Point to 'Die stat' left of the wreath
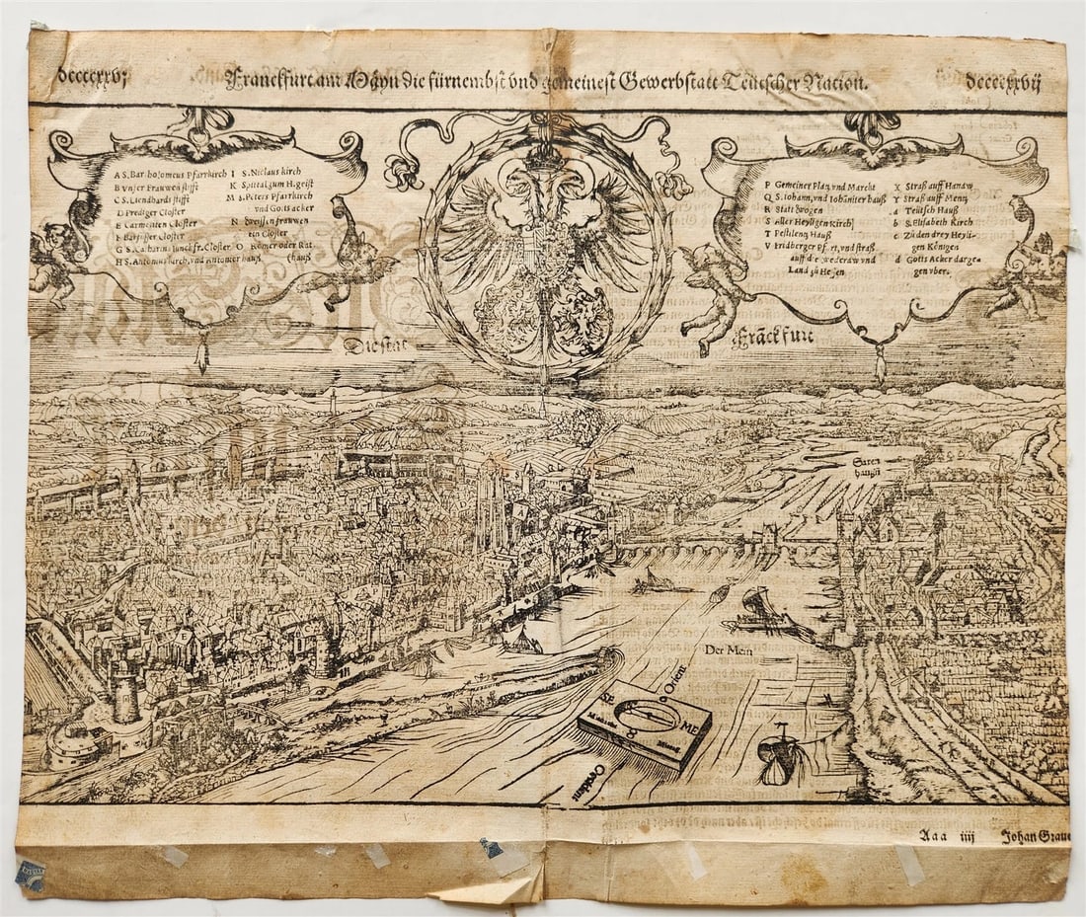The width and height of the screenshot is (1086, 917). pyautogui.click(x=375, y=345)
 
